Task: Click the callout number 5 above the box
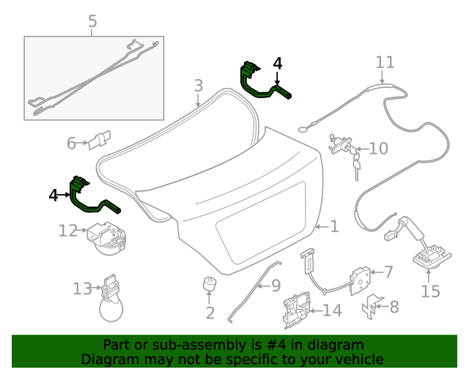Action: [92, 22]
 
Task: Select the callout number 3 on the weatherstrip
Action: [199, 86]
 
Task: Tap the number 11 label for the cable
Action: [385, 62]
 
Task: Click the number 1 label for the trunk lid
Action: [334, 227]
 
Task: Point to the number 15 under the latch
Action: [431, 292]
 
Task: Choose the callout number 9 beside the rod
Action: [276, 284]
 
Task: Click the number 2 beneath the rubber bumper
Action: [210, 313]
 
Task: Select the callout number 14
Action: [332, 311]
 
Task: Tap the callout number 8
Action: [394, 307]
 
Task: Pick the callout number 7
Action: [388, 272]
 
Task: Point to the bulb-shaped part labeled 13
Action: [111, 300]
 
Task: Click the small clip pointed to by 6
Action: [100, 139]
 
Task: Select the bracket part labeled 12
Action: [106, 238]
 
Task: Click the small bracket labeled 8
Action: [372, 305]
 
